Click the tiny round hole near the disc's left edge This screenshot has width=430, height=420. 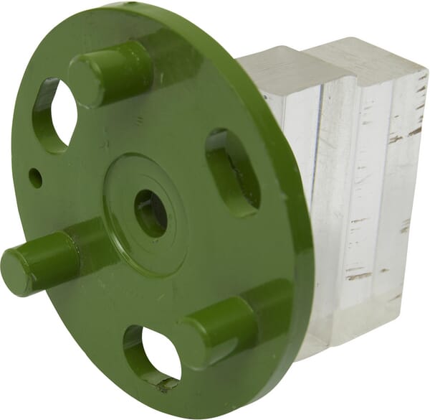pos(35,177)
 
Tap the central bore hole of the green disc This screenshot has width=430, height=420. pos(150,213)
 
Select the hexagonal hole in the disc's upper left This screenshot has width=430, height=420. pos(54,116)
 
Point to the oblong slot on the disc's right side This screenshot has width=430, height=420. pos(233,172)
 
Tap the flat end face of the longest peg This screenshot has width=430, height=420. pos(16,267)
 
